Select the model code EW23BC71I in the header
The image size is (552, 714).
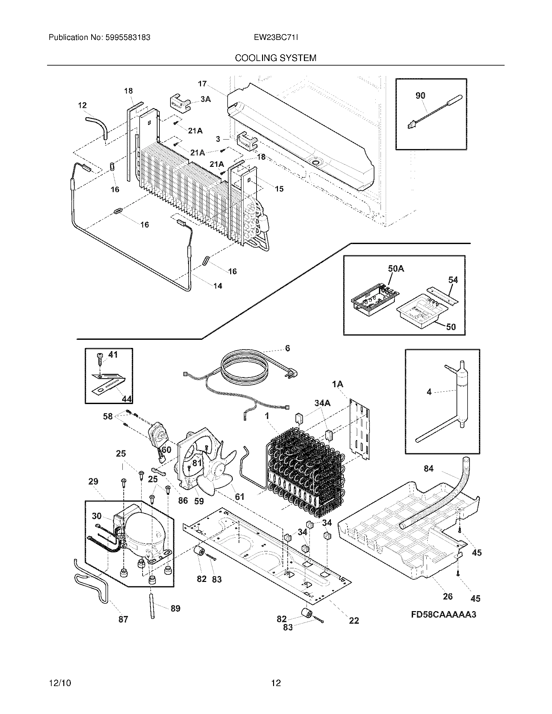[276, 38]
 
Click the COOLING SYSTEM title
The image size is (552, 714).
[276, 58]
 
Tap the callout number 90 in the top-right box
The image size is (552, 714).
[420, 95]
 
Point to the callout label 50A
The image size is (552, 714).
[396, 269]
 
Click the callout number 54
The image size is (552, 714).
[453, 280]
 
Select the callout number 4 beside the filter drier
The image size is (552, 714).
[429, 392]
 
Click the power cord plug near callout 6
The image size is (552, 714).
[292, 372]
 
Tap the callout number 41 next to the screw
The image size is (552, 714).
[113, 355]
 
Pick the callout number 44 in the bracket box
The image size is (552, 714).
[127, 399]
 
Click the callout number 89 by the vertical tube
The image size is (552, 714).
[175, 609]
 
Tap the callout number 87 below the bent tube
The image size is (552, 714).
[123, 619]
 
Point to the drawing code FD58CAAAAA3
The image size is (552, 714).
[443, 615]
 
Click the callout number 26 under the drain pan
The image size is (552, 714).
[447, 596]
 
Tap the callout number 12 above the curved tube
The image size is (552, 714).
[82, 105]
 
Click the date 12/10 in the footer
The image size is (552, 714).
[60, 683]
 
